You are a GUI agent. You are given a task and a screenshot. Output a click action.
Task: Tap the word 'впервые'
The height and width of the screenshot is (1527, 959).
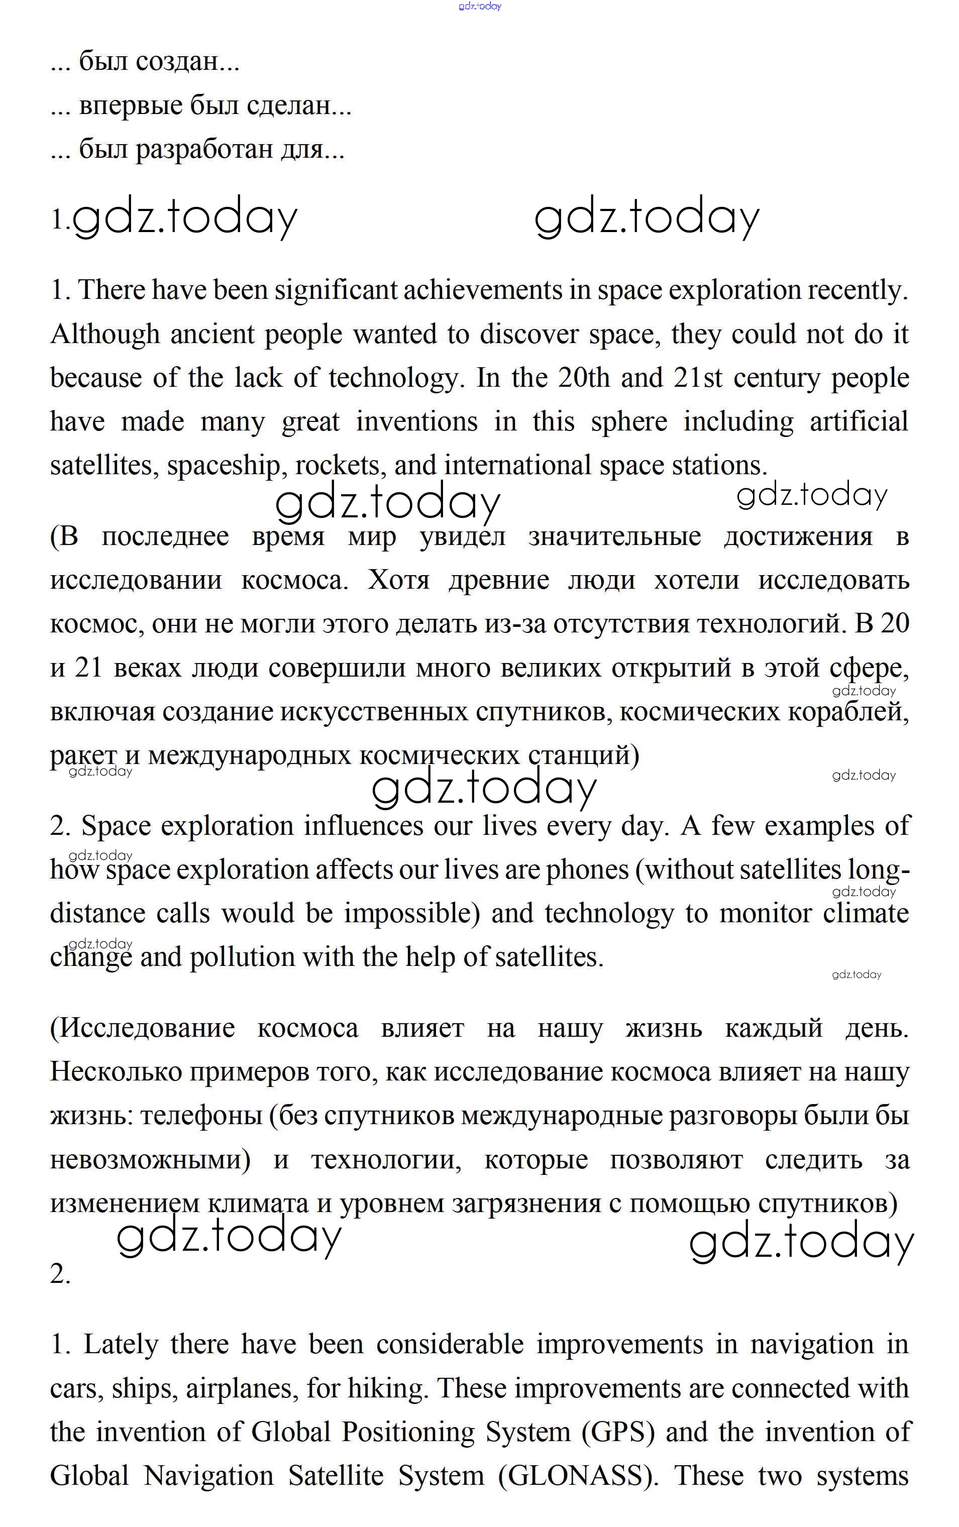pyautogui.click(x=131, y=106)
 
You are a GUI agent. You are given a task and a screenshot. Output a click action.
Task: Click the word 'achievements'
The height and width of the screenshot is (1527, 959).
pyautogui.click(x=483, y=290)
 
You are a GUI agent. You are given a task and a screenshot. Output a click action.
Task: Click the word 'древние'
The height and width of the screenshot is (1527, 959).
pyautogui.click(x=498, y=580)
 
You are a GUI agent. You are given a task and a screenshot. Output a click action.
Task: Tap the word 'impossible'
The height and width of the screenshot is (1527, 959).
pyautogui.click(x=411, y=914)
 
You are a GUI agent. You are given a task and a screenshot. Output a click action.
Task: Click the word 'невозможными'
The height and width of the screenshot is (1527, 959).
pyautogui.click(x=150, y=1159)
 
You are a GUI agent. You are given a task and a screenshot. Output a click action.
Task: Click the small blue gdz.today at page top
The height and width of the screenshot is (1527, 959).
pyautogui.click(x=479, y=7)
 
